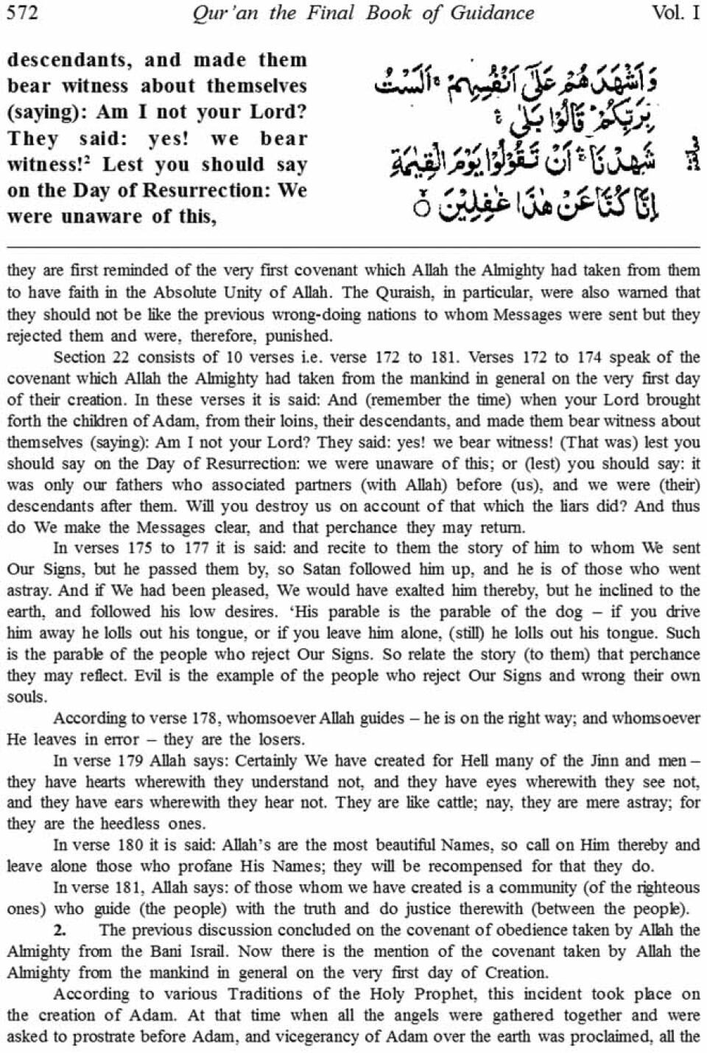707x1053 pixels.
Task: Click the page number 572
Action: click(22, 13)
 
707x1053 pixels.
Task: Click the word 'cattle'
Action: click(439, 803)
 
